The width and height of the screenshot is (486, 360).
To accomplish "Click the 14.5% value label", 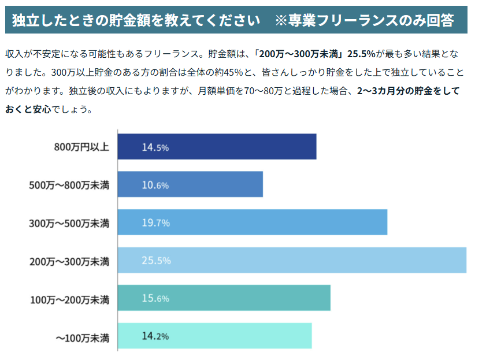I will pos(155,147).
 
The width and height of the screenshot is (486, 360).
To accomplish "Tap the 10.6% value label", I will pos(155,185).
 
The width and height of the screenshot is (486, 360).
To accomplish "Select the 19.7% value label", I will pos(155,223).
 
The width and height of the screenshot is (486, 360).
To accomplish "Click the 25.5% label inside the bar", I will pos(156,261).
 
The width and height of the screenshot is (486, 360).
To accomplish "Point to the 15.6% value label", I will pos(155,299).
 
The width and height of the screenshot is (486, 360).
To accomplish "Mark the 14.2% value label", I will pos(155,336).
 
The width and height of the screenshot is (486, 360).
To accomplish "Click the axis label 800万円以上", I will pos(81,147).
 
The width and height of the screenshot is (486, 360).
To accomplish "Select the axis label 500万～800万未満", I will pos(69,185).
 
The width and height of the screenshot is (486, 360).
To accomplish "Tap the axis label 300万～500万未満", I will pos(69,223).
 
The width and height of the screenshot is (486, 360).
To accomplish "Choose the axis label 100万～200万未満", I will pos(69,299).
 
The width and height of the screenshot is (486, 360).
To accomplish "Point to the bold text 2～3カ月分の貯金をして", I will pos(408,91).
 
